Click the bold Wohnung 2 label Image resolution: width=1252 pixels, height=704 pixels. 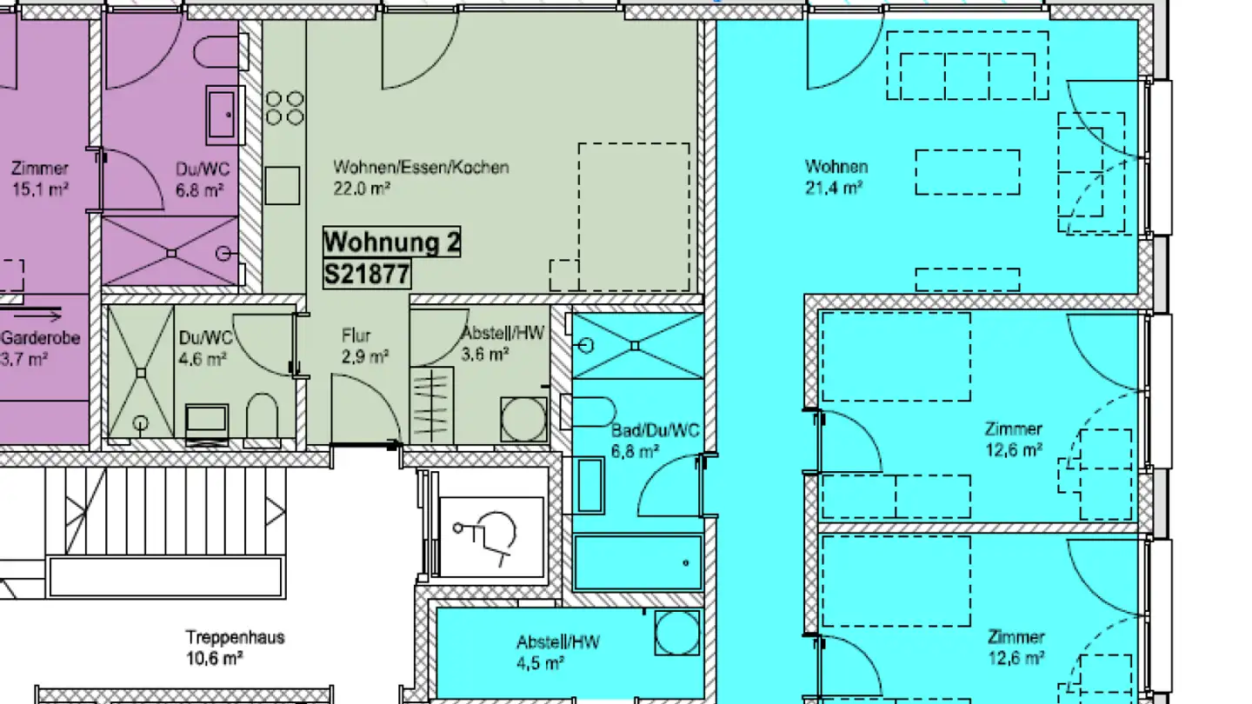tap(391, 242)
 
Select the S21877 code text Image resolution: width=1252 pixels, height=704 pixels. tap(366, 275)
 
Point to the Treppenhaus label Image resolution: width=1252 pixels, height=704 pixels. tap(235, 637)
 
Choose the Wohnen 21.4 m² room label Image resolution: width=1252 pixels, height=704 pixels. tap(836, 176)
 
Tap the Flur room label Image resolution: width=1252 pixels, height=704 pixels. tap(356, 335)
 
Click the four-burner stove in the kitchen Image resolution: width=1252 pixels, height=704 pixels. tap(284, 107)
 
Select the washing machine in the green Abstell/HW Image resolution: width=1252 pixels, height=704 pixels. tap(523, 419)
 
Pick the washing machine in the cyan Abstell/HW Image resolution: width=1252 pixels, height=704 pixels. tap(677, 633)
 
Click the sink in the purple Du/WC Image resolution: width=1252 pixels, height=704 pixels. tap(222, 114)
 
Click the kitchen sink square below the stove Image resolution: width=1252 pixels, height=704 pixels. tap(283, 184)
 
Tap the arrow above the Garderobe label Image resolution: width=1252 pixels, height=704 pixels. tap(38, 315)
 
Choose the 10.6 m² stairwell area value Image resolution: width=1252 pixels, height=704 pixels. tap(214, 659)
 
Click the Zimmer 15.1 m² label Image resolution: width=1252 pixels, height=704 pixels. tap(40, 178)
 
